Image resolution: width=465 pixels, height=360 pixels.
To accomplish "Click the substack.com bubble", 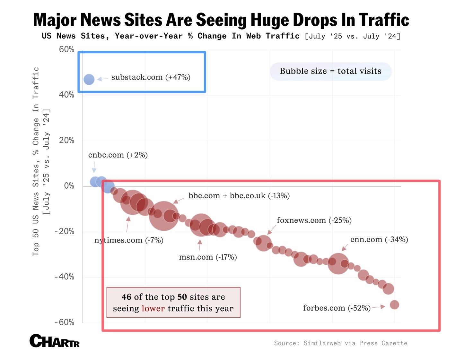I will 89,79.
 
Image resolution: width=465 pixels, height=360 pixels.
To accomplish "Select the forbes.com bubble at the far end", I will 394,304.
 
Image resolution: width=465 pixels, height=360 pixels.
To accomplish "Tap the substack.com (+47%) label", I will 151,77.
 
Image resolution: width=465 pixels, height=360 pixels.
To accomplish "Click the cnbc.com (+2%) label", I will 118,155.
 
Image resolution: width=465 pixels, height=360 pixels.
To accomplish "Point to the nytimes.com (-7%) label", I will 129,240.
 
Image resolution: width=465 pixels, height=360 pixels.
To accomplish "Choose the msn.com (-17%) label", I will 208,257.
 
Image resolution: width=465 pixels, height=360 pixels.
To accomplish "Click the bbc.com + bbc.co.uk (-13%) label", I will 239,196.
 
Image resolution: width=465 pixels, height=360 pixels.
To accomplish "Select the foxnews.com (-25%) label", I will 314,220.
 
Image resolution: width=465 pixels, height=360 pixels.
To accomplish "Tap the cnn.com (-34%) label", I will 379,240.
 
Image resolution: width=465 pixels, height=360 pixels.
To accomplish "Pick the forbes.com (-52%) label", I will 337,308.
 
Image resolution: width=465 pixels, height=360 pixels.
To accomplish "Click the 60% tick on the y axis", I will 66,49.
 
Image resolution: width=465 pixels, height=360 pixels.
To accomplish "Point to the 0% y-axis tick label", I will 69,186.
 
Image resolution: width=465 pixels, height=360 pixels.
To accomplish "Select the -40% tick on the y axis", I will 65,277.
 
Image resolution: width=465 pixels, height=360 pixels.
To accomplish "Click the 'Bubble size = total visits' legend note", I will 330,71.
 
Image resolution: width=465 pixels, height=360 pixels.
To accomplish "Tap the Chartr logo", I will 55,341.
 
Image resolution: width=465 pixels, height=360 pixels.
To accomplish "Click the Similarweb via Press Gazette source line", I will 340,343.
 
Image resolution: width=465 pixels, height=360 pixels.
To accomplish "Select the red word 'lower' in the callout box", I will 153,308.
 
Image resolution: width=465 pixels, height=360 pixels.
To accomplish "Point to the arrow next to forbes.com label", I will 379,307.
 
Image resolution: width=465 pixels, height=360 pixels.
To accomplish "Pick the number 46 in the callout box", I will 127,297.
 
